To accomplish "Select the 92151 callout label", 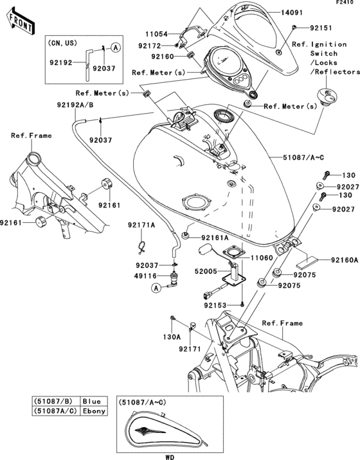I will pyautogui.click(x=313, y=28).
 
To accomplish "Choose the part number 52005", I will pyautogui.click(x=206, y=272).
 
